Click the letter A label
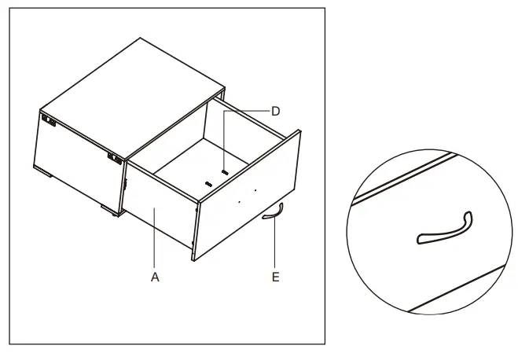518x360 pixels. click(156, 277)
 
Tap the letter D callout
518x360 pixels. click(275, 112)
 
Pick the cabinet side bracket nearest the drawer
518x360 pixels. click(115, 157)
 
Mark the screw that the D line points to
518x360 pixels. click(226, 171)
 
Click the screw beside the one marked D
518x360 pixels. click(208, 182)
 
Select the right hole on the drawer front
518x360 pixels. click(256, 190)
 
